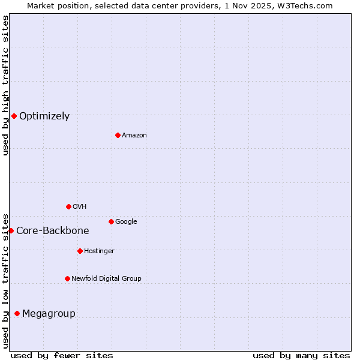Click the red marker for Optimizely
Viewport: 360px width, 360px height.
pyautogui.click(x=14, y=116)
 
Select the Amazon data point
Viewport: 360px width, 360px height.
pyautogui.click(x=118, y=135)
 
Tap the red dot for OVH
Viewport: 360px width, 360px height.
pyautogui.click(x=68, y=206)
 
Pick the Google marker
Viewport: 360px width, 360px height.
pyautogui.click(x=111, y=221)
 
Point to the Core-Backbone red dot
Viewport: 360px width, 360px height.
pyautogui.click(x=11, y=230)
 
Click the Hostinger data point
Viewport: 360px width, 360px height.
pyautogui.click(x=80, y=251)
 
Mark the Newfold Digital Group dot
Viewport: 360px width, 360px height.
pyautogui.click(x=67, y=278)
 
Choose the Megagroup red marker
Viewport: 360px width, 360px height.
pyautogui.click(x=17, y=313)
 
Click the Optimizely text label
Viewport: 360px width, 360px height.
pyautogui.click(x=44, y=116)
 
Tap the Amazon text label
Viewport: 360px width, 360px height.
pyautogui.click(x=134, y=136)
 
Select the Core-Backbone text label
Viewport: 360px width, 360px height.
pyautogui.click(x=53, y=231)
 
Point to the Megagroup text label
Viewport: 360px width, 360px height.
pyautogui.click(x=49, y=314)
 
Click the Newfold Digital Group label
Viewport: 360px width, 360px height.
pyautogui.click(x=106, y=278)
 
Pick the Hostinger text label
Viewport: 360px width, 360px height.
pyautogui.click(x=99, y=251)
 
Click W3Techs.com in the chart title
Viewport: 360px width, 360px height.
pyautogui.click(x=306, y=5)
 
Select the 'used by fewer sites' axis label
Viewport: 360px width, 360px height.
pyautogui.click(x=62, y=355)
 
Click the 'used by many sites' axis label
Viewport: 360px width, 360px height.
pyautogui.click(x=301, y=355)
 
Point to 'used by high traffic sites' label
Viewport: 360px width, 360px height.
pyautogui.click(x=5, y=85)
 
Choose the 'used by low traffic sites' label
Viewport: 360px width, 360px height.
pyautogui.click(x=5, y=280)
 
